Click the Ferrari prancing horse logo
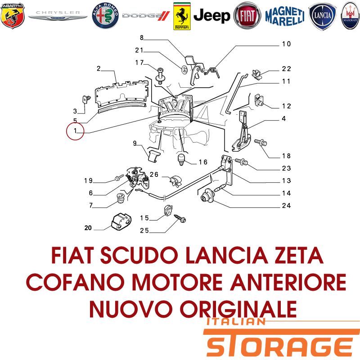(x=182, y=16)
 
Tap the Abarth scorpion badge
(x=13, y=16)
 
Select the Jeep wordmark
(x=211, y=16)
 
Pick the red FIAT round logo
(x=247, y=16)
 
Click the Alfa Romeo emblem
(x=105, y=16)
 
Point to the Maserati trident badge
(x=350, y=16)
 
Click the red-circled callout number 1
(x=75, y=131)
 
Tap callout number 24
(x=286, y=206)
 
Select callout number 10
(x=286, y=44)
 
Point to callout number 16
(x=203, y=162)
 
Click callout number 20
(x=88, y=228)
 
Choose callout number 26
(x=154, y=175)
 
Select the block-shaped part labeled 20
(x=121, y=221)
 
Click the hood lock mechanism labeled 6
(x=138, y=177)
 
